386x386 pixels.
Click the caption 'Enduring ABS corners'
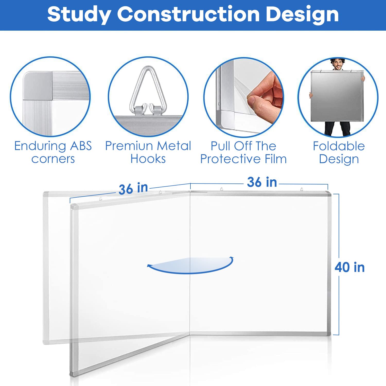click(53, 152)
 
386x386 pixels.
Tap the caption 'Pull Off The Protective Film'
click(243, 152)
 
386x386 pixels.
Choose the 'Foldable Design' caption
click(339, 152)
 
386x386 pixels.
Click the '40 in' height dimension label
click(349, 267)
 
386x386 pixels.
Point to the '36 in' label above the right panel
click(262, 182)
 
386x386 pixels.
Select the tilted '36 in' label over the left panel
click(133, 189)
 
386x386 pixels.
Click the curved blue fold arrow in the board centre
click(190, 265)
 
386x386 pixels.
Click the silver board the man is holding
click(337, 97)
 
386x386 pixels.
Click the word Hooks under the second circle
click(148, 159)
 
